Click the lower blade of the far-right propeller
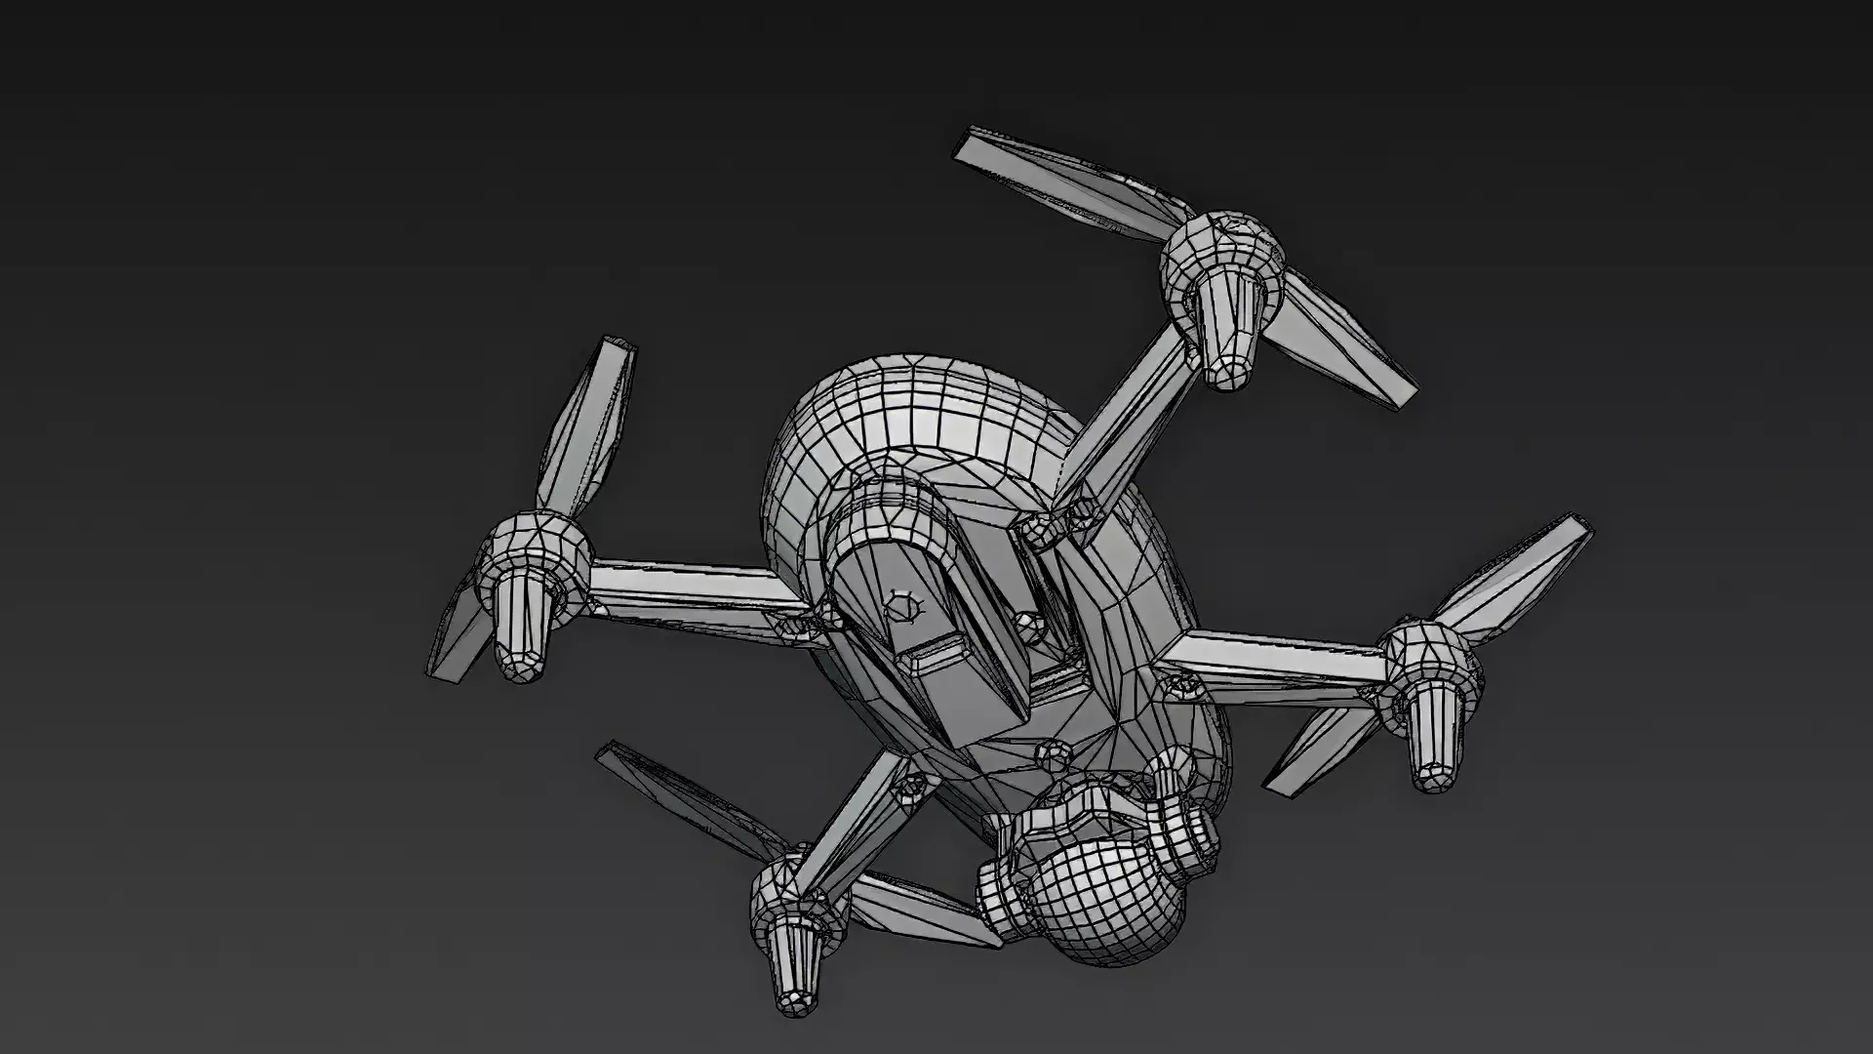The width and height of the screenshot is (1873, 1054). pyautogui.click(x=1317, y=751)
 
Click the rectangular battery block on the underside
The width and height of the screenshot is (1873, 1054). pyautogui.click(x=936, y=634)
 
